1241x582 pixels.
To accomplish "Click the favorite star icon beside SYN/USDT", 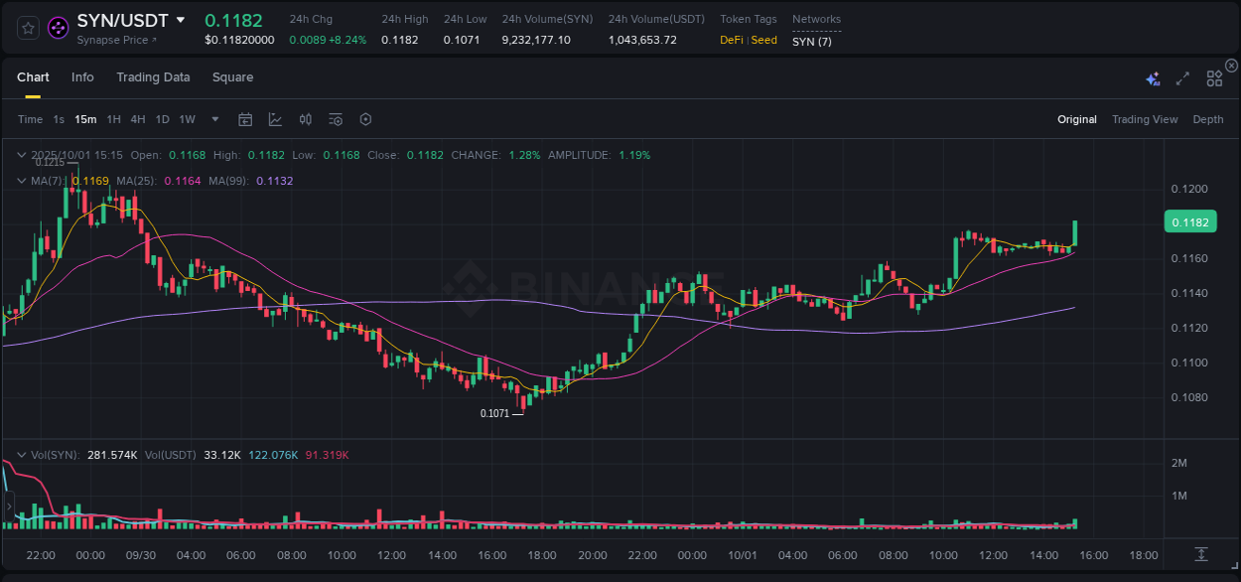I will pyautogui.click(x=28, y=28).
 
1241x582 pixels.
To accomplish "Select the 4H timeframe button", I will pyautogui.click(x=138, y=119).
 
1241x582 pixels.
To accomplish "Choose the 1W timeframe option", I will pyautogui.click(x=187, y=119).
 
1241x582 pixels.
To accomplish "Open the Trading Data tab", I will pyautogui.click(x=153, y=77).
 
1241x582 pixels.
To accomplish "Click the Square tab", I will pyautogui.click(x=232, y=77).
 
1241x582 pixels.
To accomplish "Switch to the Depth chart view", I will pyautogui.click(x=1207, y=119).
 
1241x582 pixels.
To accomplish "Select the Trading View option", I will pyautogui.click(x=1144, y=119).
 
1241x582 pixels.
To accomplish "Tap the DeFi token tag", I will pyautogui.click(x=732, y=41).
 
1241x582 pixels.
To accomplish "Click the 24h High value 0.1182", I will pyautogui.click(x=399, y=41).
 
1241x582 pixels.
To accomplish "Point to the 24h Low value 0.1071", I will pyautogui.click(x=462, y=41).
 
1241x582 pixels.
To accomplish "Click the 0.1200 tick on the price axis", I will pyautogui.click(x=1189, y=189).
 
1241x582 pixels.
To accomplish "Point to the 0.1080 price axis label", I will pyautogui.click(x=1189, y=397).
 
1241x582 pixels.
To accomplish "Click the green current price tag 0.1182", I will pyautogui.click(x=1190, y=222).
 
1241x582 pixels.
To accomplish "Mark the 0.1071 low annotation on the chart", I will pyautogui.click(x=494, y=413).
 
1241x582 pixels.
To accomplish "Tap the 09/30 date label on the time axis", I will pyautogui.click(x=140, y=555).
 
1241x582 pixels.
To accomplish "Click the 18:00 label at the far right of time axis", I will pyautogui.click(x=1144, y=555).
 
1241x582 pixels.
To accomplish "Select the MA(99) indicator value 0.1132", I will pyautogui.click(x=275, y=181).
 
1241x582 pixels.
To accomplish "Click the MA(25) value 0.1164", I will pyautogui.click(x=182, y=181).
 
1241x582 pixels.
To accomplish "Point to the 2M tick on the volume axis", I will pyautogui.click(x=1180, y=463).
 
